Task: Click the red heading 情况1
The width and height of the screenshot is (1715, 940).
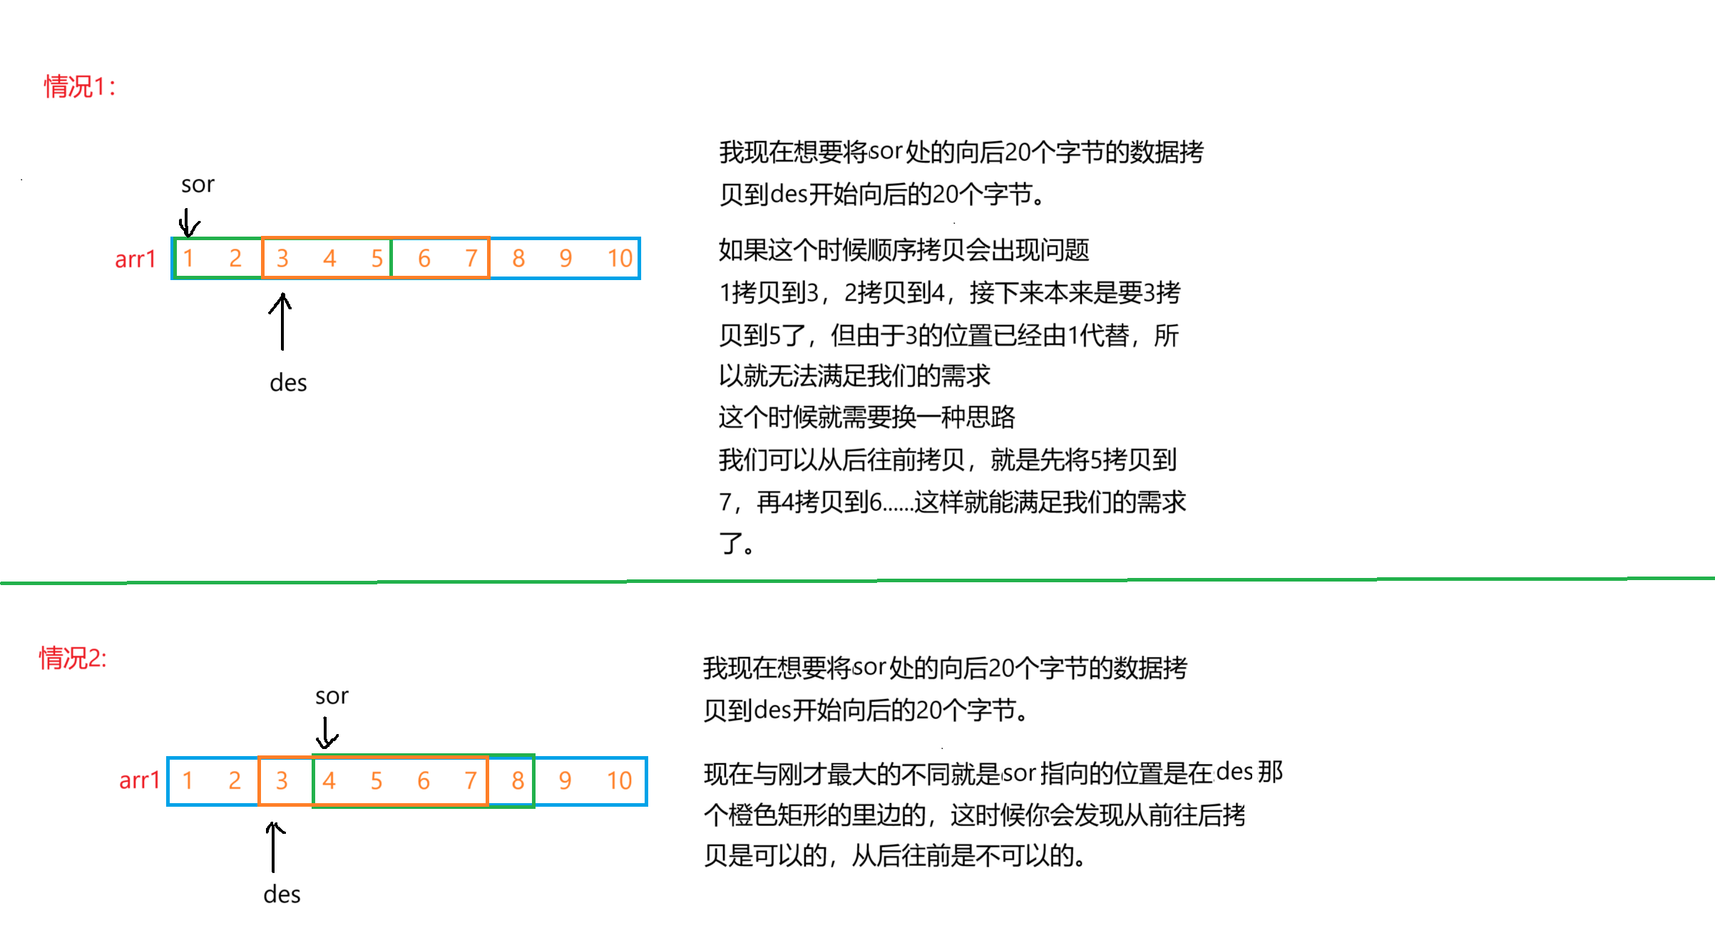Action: [79, 87]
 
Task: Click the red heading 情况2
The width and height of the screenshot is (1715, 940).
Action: [73, 658]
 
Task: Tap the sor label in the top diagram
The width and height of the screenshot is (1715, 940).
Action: [198, 185]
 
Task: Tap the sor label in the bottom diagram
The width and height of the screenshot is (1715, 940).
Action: [332, 696]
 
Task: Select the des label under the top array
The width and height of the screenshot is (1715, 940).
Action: [288, 383]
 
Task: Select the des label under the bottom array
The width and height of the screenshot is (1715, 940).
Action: [282, 894]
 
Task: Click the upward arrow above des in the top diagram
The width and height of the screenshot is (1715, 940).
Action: [282, 321]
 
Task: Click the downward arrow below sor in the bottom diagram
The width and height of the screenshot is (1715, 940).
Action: [327, 733]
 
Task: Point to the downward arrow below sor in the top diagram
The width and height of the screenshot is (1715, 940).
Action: [188, 222]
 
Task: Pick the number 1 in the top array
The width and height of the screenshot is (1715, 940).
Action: [188, 258]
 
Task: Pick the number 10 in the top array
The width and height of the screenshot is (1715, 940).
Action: [619, 258]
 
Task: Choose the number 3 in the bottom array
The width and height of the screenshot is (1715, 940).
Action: [282, 781]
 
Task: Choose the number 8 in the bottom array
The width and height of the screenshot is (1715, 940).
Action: [518, 781]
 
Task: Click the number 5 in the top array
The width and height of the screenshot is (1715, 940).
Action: [377, 258]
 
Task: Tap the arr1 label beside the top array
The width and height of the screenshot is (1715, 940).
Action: [135, 259]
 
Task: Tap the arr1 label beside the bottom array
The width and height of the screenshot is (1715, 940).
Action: [139, 781]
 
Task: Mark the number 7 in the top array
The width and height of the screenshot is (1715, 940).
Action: [471, 258]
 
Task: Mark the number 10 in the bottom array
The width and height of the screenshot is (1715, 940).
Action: [619, 781]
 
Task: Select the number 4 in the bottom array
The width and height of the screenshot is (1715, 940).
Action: [329, 781]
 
